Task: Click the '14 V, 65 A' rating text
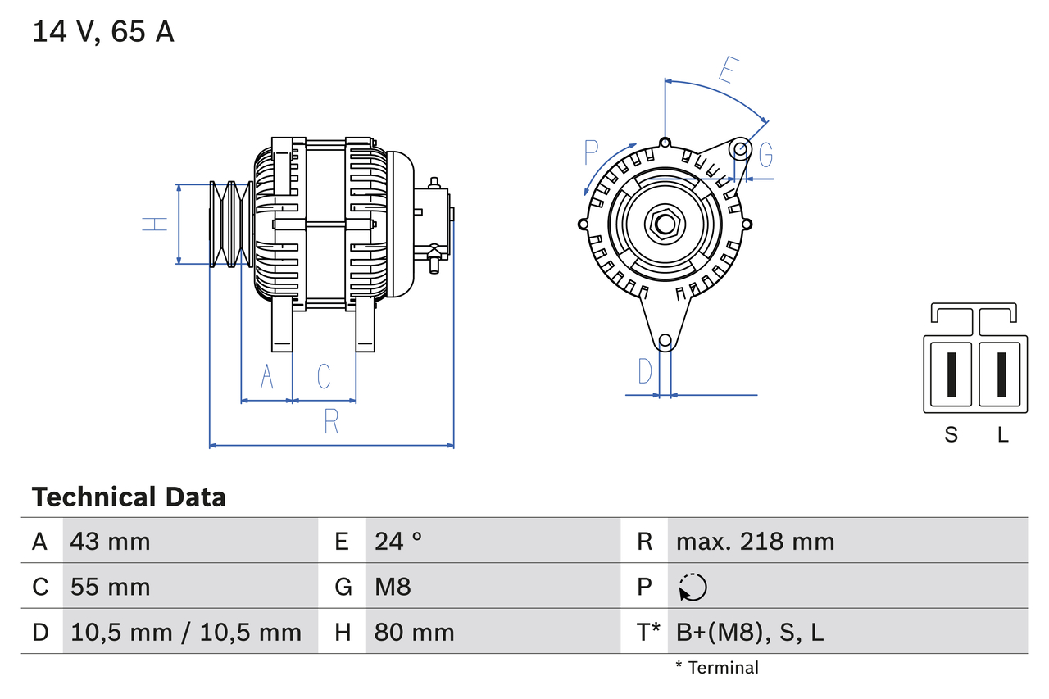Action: [102, 32]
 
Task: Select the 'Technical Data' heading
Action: [129, 497]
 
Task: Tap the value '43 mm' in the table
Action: [110, 541]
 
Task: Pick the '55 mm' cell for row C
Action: [110, 587]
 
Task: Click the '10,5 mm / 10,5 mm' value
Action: [186, 632]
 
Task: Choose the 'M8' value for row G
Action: [393, 587]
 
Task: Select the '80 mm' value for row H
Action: [414, 632]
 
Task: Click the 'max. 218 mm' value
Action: [755, 541]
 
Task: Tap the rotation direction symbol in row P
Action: [693, 587]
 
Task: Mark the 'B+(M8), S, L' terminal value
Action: [749, 632]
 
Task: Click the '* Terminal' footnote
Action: [717, 668]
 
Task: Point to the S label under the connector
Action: [951, 435]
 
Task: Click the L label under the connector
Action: [1002, 435]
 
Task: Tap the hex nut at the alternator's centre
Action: [664, 224]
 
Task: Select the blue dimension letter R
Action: [331, 421]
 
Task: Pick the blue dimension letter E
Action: [726, 72]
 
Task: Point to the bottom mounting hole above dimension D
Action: [665, 340]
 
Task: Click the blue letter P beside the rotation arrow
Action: [592, 152]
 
